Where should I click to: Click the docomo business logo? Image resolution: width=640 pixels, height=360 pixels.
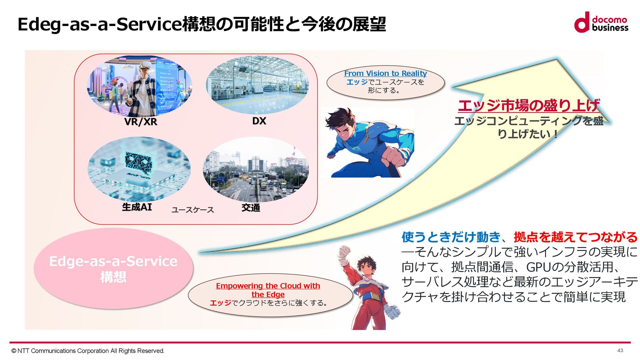601,22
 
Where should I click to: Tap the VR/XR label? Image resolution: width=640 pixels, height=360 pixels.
140,122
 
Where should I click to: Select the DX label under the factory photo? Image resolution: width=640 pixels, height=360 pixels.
259,121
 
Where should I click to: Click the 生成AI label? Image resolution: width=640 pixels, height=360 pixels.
137,207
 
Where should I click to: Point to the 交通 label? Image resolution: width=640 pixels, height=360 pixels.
251,208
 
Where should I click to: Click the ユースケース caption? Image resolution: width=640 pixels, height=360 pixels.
192,210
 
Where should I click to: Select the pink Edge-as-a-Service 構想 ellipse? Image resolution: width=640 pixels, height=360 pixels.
113,269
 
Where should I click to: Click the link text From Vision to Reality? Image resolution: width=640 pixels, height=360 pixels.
385,73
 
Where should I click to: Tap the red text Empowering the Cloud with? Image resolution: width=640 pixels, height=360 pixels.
268,286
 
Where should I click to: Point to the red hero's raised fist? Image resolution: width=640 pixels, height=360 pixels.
344,252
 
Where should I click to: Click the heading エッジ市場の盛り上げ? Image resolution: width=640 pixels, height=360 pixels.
529,106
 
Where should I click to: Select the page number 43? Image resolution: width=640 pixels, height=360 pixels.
620,350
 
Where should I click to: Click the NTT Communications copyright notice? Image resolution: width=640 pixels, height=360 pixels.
88,351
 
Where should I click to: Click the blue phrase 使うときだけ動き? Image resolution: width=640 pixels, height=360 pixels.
451,237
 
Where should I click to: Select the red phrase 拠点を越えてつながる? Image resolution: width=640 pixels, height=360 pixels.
576,237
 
